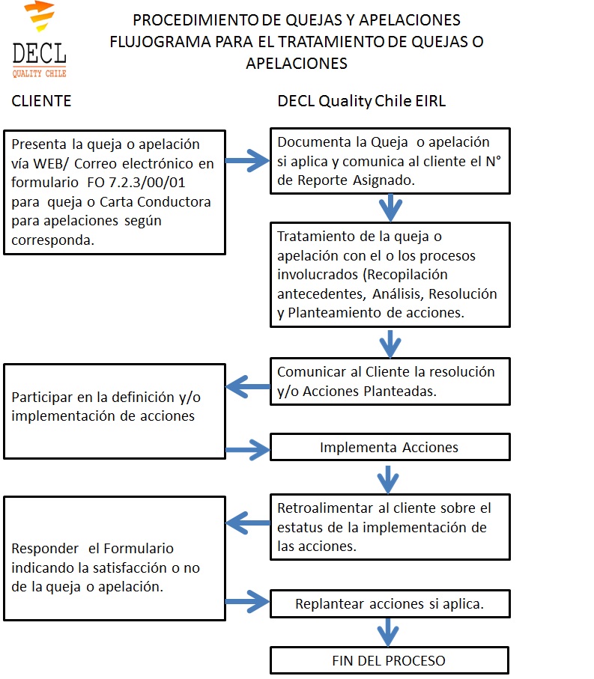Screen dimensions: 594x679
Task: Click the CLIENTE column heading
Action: click(41, 101)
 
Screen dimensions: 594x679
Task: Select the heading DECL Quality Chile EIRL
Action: click(361, 101)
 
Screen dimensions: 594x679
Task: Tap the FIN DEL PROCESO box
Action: click(389, 660)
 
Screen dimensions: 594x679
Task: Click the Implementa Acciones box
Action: click(390, 447)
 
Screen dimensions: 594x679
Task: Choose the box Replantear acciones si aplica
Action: click(390, 603)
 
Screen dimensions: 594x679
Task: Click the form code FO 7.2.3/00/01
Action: click(136, 183)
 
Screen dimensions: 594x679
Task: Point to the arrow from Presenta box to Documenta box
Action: click(247, 161)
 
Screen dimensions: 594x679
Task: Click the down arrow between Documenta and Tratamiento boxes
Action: click(390, 208)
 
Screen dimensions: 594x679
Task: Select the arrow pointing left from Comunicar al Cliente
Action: click(248, 387)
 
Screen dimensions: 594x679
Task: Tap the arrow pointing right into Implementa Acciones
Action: click(247, 450)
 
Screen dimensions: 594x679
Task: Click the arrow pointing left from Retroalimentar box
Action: click(248, 523)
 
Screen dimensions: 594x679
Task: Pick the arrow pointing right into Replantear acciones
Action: click(247, 601)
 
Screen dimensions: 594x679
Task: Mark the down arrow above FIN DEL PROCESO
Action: click(388, 633)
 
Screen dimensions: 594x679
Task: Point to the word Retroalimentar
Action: click(325, 508)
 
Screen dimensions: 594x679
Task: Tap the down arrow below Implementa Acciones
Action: click(388, 480)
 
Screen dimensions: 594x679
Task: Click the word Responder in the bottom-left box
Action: click(45, 549)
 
